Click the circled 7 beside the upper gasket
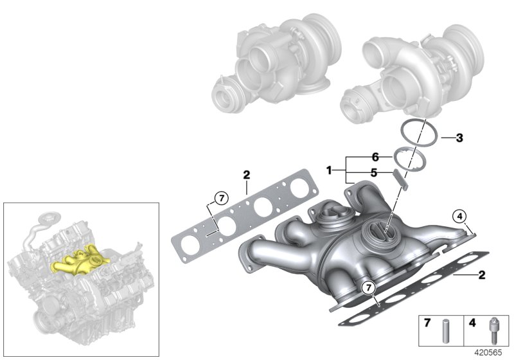(220, 198)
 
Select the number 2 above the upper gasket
(246, 174)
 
